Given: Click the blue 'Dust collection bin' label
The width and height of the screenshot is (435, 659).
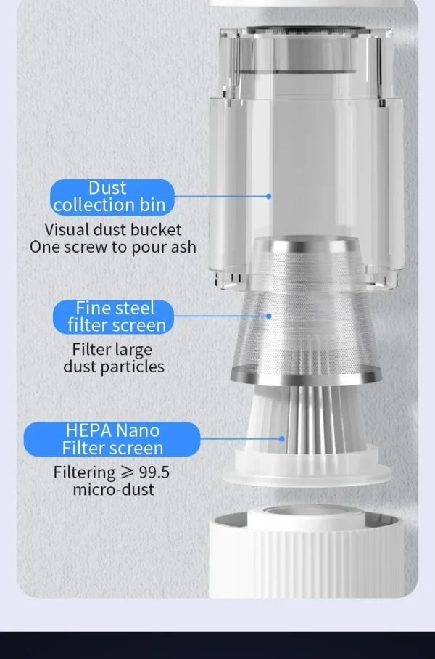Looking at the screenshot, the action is pos(112,197).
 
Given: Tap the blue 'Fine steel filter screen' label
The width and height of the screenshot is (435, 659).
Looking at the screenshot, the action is pos(113,317).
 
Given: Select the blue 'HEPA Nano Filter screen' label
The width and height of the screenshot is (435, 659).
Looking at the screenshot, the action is pos(112,439).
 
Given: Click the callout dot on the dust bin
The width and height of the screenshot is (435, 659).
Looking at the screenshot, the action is pos(269,196).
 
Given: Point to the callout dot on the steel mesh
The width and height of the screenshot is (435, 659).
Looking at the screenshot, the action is pos(269,316).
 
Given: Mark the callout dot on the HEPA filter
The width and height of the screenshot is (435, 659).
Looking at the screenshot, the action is pos(282,439).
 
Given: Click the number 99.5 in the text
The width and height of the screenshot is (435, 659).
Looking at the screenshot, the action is pos(154,472).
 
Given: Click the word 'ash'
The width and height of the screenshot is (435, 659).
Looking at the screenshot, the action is pos(183,247).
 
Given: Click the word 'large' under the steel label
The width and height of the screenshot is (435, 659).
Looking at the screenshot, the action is pos(131,350).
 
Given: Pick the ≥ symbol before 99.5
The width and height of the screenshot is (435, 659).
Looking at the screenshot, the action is pos(127,472).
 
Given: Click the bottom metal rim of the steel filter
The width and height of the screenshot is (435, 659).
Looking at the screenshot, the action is pos(306,375).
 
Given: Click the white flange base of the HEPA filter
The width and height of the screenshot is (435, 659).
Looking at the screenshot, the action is pos(307,468).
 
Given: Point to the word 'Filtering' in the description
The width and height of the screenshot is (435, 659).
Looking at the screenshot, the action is pos(84,472).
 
